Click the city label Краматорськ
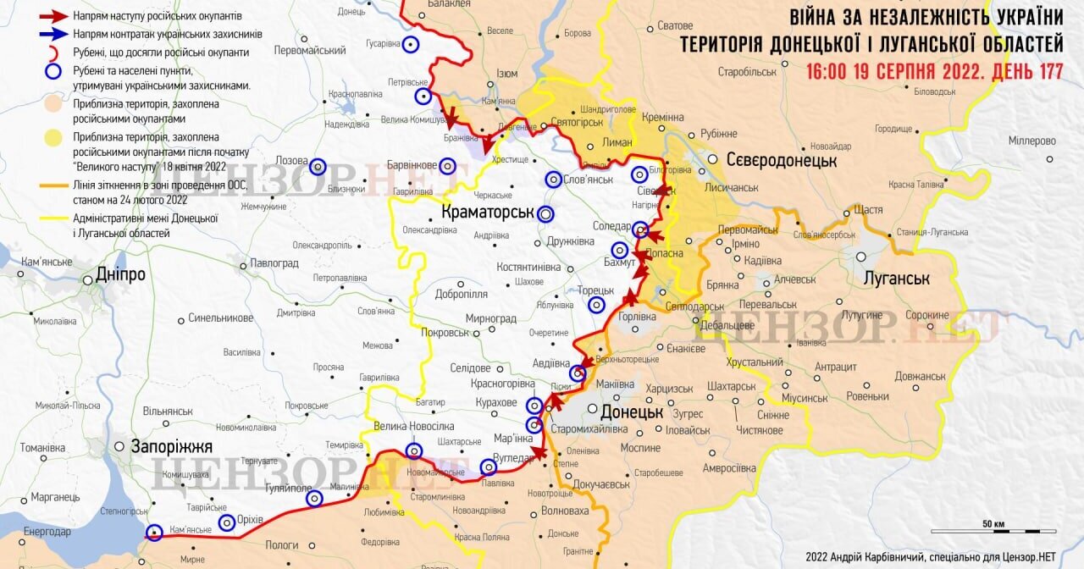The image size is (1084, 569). point(487,212)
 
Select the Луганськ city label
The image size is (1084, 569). point(896,278)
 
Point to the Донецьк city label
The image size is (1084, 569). point(631,412)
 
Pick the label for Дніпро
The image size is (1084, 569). point(120,275)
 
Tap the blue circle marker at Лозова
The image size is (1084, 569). point(318,167)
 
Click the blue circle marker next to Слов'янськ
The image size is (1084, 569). point(553,180)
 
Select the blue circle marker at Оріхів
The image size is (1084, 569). point(227,522)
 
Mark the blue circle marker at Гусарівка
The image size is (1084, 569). point(411,45)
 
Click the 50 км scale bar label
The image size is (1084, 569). point(993,523)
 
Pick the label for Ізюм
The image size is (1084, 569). point(506,74)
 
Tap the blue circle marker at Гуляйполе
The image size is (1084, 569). point(314,499)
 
